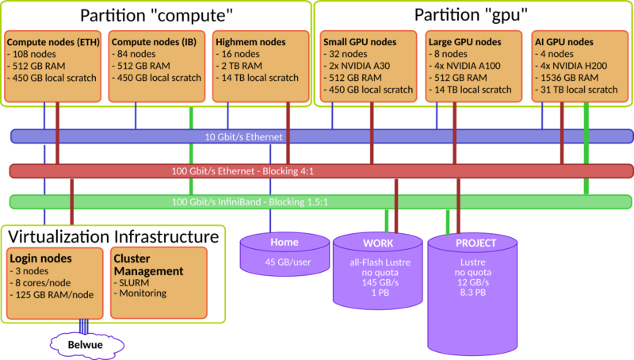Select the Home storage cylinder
pyautogui.click(x=284, y=252)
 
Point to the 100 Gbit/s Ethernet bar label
pyautogui.click(x=243, y=170)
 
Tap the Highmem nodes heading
pyautogui.click(x=251, y=41)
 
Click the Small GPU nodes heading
pyautogui.click(x=361, y=41)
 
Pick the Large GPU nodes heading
pyautogui.click(x=464, y=41)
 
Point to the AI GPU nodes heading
pyautogui.click(x=565, y=41)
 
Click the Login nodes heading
pyautogui.click(x=41, y=259)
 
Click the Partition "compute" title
pyautogui.click(x=155, y=16)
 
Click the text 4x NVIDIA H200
pyautogui.click(x=572, y=66)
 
